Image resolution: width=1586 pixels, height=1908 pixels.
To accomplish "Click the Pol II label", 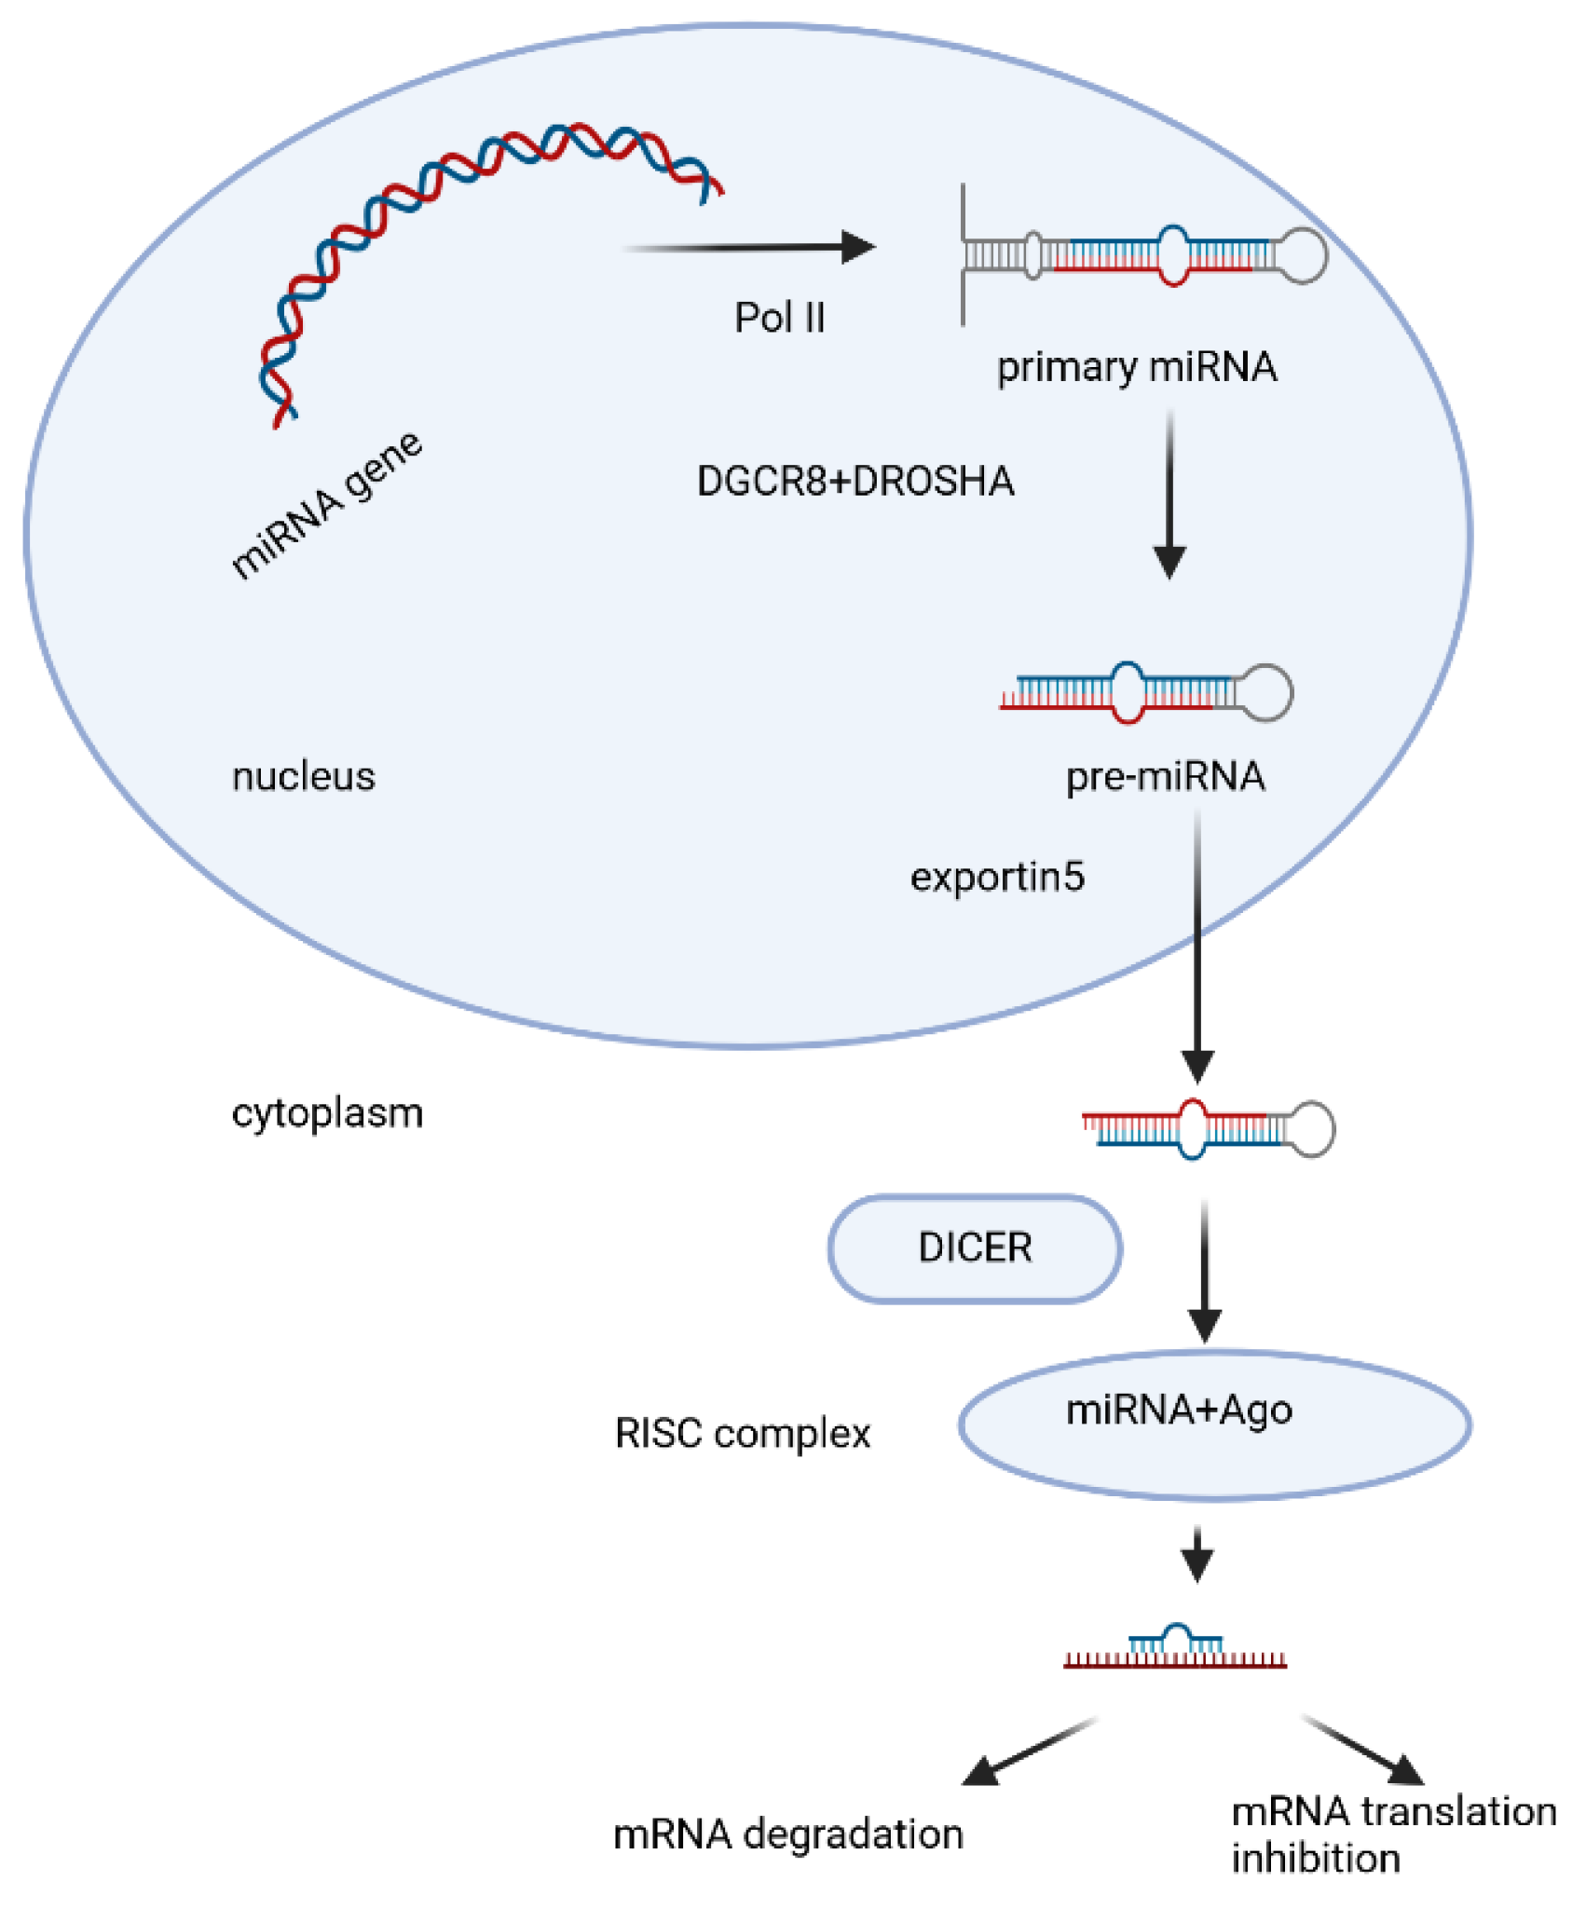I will (x=780, y=318).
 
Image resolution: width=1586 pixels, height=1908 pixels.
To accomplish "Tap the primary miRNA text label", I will (x=1136, y=367).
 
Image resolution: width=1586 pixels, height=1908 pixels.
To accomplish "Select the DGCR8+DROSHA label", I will (x=855, y=482).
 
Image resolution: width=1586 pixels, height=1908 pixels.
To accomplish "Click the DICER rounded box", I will (x=975, y=1247).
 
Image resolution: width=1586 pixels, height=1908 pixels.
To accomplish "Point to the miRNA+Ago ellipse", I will (x=1213, y=1424).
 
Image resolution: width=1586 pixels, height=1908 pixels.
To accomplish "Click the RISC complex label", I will (x=743, y=1434).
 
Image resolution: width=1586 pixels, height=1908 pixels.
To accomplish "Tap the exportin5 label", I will (x=997, y=878).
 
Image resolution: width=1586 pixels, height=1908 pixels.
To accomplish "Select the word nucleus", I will (x=303, y=777).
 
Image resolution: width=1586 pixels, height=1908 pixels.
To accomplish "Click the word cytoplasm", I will (x=327, y=1113).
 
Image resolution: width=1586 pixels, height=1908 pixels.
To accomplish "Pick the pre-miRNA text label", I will (x=1165, y=777).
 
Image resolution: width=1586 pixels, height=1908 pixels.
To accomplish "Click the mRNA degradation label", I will (x=787, y=1834).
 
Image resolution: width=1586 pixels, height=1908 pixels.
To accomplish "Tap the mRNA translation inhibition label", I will (x=1393, y=1834).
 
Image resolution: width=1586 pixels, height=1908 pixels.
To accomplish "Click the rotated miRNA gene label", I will (x=326, y=506).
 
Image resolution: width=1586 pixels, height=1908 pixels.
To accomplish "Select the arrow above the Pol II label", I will (x=750, y=248).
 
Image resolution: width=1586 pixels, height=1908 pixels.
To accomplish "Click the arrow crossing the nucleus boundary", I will (x=1197, y=946).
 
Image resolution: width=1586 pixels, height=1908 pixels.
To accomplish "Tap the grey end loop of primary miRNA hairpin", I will (x=1301, y=254).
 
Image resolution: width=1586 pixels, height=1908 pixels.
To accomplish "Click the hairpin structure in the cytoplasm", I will (x=1208, y=1129).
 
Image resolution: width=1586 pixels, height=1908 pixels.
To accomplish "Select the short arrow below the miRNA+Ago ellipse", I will (x=1197, y=1553).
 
